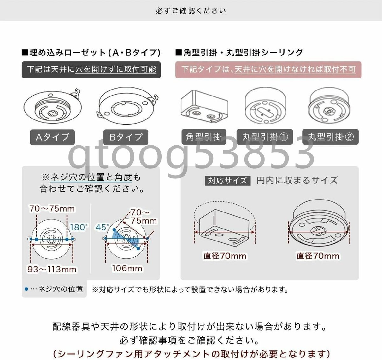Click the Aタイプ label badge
point(53,137)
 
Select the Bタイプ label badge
point(126,137)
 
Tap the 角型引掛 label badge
point(204,137)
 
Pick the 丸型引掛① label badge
point(265,137)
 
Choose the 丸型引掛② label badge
point(330,137)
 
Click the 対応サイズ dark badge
point(227,181)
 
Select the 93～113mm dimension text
point(52,269)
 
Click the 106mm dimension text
point(127,268)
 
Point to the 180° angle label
point(79,227)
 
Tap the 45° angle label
point(102,227)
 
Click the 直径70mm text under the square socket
point(225,256)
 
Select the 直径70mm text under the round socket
point(318,256)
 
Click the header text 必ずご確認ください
point(191,11)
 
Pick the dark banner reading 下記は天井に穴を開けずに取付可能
point(91,69)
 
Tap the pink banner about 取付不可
point(268,69)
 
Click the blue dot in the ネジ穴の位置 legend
point(26,289)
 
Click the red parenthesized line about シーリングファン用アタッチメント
point(191,353)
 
